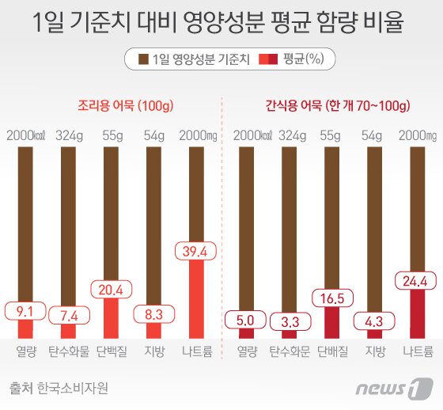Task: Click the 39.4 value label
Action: coord(193,252)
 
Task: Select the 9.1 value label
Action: coord(26,310)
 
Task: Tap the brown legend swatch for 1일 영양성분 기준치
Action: coord(143,59)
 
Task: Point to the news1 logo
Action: coord(401,389)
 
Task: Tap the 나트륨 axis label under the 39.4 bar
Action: coord(193,351)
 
